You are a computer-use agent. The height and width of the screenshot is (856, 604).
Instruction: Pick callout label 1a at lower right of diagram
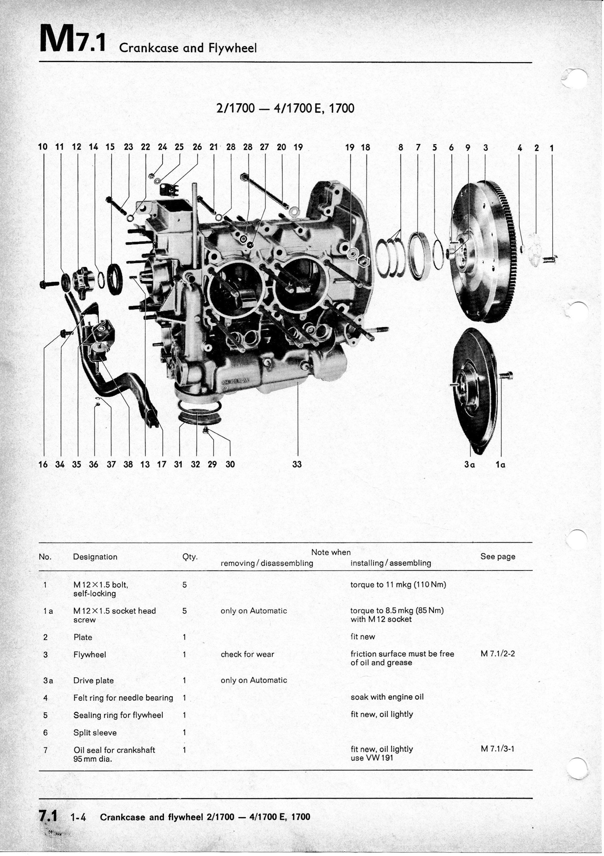(501, 465)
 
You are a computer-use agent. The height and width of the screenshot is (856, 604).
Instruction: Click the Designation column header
(95, 557)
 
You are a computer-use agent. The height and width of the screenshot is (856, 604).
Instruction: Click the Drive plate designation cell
(93, 680)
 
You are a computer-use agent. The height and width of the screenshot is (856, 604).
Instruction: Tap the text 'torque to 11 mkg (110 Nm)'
(398, 585)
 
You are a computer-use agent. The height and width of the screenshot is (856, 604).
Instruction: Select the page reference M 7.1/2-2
(497, 654)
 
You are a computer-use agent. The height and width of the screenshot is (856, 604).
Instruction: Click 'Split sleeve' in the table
(95, 733)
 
